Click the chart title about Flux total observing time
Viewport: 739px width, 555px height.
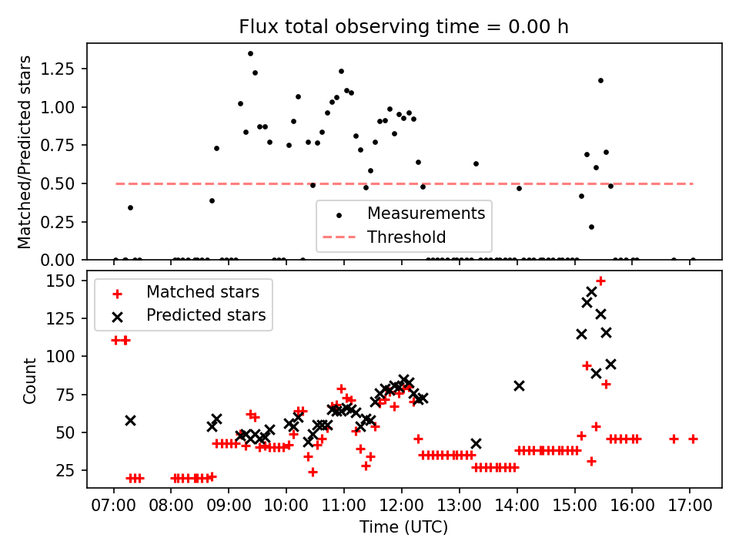pyautogui.click(x=403, y=28)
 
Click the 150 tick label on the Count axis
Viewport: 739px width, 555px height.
pyautogui.click(x=68, y=281)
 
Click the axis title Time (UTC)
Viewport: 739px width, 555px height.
pyautogui.click(x=403, y=528)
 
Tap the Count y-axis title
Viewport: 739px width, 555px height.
pyautogui.click(x=30, y=380)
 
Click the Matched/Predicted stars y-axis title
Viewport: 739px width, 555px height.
pyautogui.click(x=25, y=152)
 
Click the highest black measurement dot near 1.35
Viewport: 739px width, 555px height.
pyautogui.click(x=250, y=53)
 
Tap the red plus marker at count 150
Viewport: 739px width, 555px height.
pyautogui.click(x=600, y=281)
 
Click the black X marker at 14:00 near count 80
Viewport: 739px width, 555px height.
pyautogui.click(x=519, y=385)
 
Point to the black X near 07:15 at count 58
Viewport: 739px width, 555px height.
pyautogui.click(x=130, y=420)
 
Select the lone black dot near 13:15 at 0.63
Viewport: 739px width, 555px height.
pyautogui.click(x=476, y=163)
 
